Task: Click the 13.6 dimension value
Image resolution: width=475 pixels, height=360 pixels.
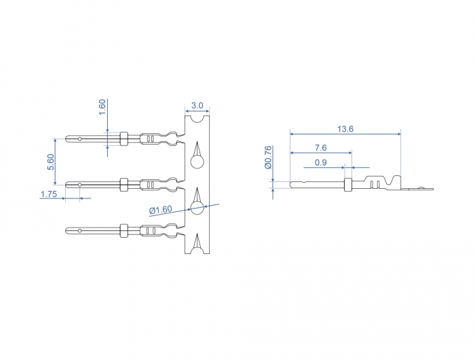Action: [345, 129]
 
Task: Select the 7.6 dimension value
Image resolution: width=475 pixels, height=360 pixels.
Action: [320, 147]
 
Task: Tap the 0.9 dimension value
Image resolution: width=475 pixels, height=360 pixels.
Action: [320, 162]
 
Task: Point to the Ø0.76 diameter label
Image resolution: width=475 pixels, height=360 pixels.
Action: [268, 157]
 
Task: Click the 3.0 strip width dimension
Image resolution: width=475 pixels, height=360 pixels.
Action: [197, 105]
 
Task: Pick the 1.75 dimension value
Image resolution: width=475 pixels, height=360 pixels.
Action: [48, 194]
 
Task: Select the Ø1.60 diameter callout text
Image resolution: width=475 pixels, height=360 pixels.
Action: [161, 210]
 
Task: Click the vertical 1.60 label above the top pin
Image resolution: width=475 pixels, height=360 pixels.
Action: [102, 107]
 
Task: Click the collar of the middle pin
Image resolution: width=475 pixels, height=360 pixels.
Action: [123, 184]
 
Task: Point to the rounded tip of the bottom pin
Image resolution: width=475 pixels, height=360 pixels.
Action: [68, 230]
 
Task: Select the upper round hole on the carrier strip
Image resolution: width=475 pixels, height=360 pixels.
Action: [197, 162]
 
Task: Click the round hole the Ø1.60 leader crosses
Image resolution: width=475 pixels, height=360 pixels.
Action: [197, 208]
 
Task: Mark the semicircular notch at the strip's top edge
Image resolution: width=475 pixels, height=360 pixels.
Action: [197, 118]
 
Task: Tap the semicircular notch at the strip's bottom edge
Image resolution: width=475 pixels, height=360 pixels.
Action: [197, 251]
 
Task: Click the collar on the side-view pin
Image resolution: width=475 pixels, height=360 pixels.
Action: [348, 184]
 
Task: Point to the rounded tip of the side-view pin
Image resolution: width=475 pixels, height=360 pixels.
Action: [292, 184]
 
